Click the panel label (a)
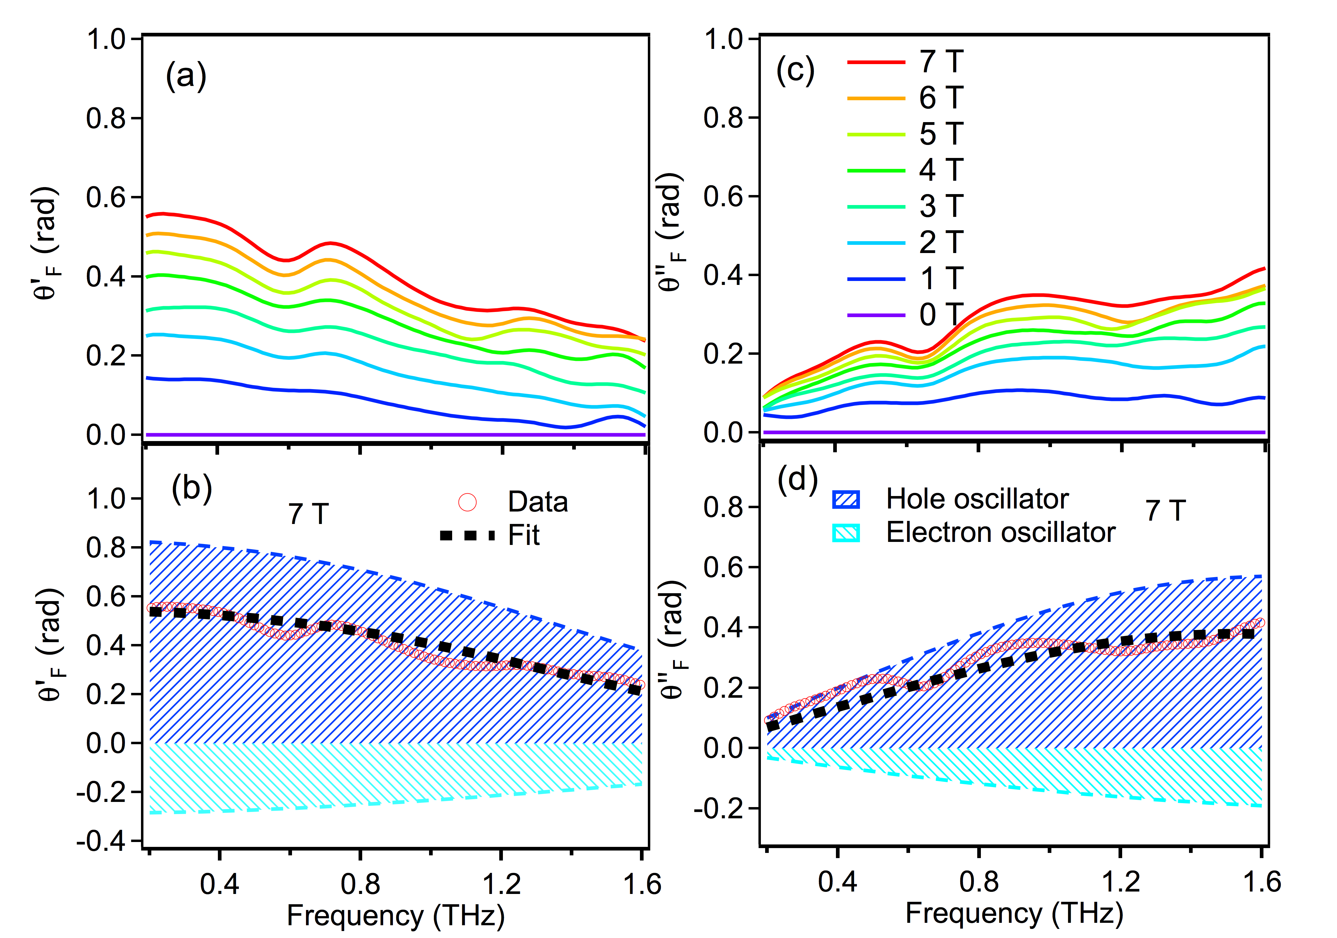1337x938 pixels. pyautogui.click(x=186, y=76)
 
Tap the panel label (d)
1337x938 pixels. pyautogui.click(x=798, y=480)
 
